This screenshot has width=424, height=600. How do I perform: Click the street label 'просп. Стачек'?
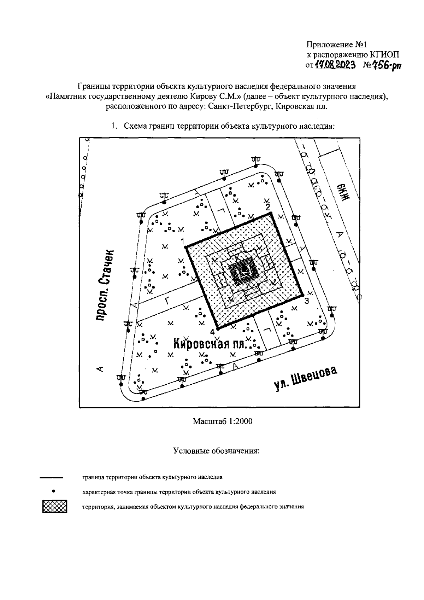coord(106,285)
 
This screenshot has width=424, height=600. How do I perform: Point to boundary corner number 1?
coord(186,247)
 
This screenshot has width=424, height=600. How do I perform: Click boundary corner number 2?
coord(271,213)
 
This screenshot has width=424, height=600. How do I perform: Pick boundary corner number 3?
coord(303,296)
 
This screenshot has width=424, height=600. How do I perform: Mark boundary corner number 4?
coord(217,328)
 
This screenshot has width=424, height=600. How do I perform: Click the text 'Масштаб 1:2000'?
coord(223,421)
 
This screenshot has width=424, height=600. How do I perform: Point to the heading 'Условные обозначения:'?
coord(217,451)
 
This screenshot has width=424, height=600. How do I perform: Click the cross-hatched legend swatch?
coord(54,506)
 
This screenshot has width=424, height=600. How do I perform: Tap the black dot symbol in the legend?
coord(53,491)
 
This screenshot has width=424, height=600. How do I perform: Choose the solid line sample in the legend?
coord(51,478)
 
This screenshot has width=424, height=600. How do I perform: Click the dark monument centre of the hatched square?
coord(243,270)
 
